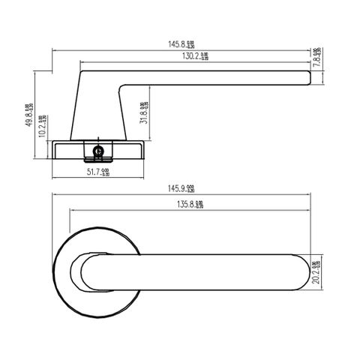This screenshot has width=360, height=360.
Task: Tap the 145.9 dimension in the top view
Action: (181, 187)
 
